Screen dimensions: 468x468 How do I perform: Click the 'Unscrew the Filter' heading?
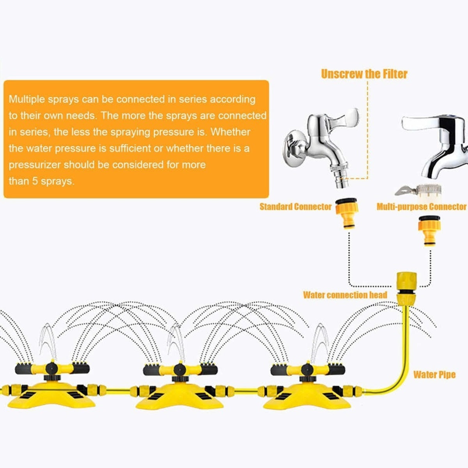coord(364,74)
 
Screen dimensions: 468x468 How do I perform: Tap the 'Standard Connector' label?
coord(295,207)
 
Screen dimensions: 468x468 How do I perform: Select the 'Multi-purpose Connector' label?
coord(421,207)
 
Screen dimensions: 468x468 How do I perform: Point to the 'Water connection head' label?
coord(345,295)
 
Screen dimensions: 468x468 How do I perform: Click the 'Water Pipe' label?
coord(434,375)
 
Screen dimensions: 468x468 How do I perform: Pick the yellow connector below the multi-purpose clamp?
coord(429,232)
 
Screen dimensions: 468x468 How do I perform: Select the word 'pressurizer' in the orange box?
coord(34,165)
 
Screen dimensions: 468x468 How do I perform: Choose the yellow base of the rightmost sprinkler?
coord(306,398)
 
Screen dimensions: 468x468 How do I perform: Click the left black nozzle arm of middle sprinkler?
coord(156,369)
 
